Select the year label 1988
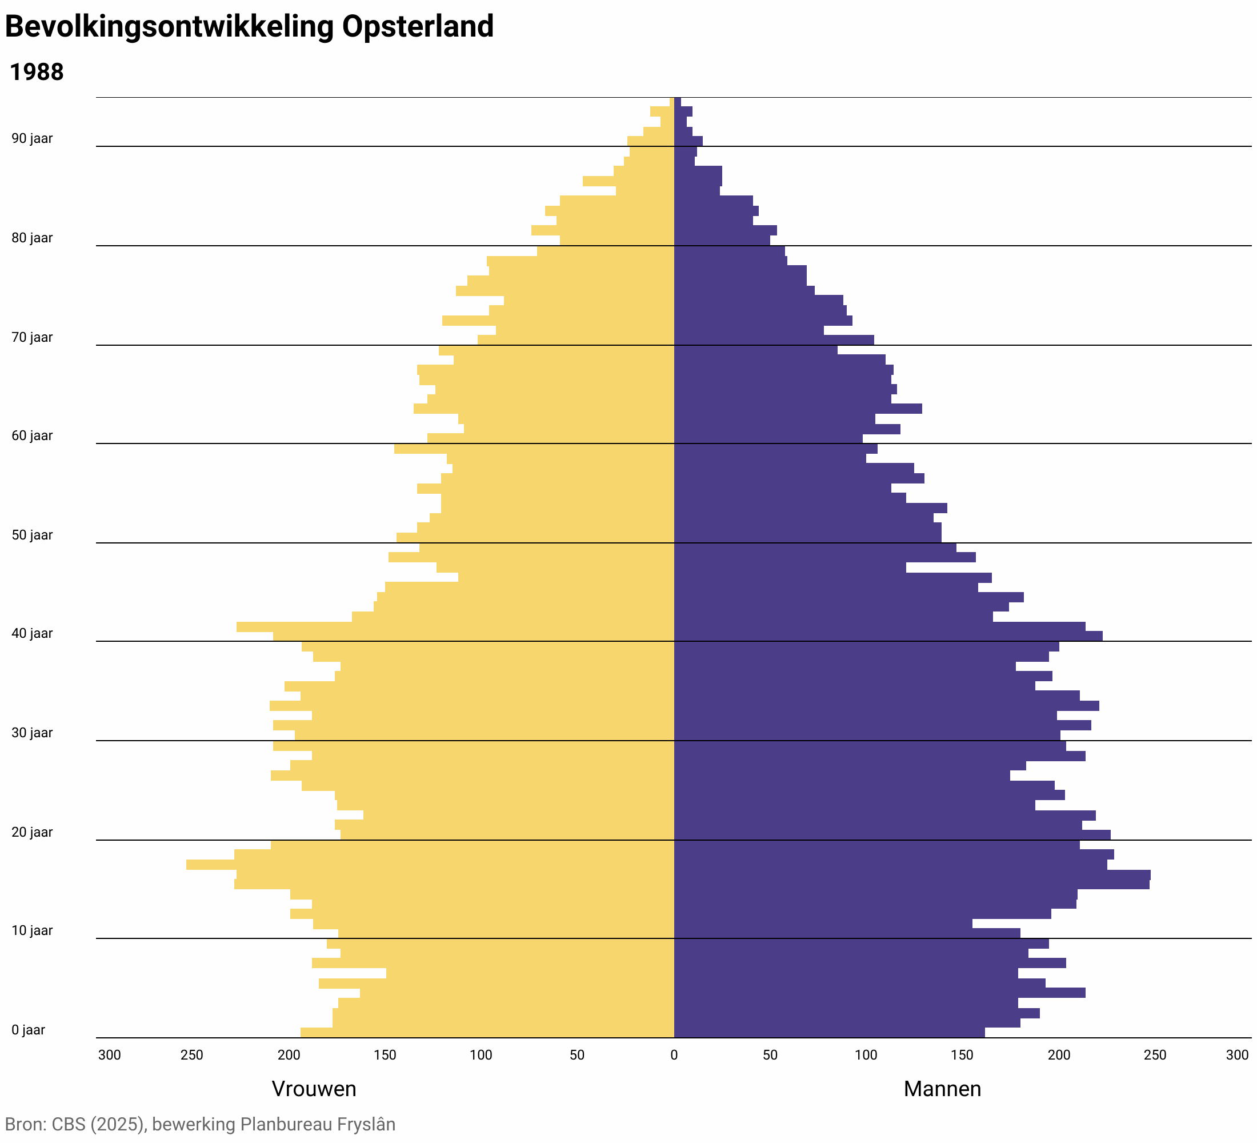click(37, 73)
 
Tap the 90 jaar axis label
click(32, 138)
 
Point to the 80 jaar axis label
click(32, 238)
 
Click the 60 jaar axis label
click(32, 436)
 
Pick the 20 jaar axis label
click(32, 833)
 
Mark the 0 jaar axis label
click(28, 1030)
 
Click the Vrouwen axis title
click(314, 1089)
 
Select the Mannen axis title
click(942, 1089)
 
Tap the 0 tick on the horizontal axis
click(674, 1055)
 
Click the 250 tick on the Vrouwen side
click(192, 1055)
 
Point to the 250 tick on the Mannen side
click(1155, 1055)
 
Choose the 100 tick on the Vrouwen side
click(481, 1055)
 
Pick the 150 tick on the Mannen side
click(962, 1055)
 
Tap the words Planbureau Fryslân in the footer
click(317, 1124)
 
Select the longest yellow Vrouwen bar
click(430, 865)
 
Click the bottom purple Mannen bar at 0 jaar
click(829, 1033)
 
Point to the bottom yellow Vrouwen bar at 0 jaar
click(487, 1033)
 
